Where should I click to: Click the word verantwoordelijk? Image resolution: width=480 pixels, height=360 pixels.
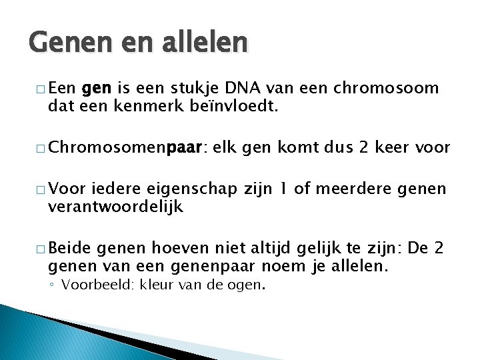point(115,207)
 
